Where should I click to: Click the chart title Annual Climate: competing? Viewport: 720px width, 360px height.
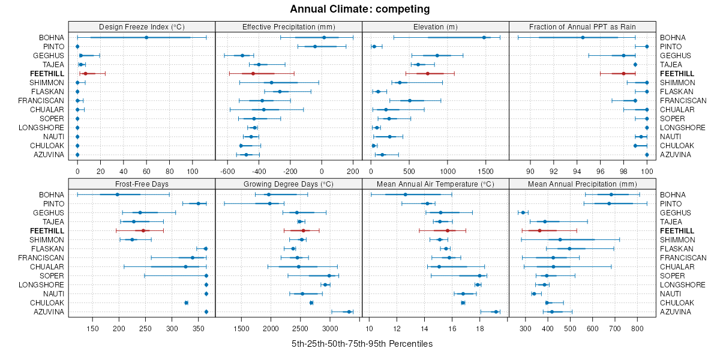[359, 9]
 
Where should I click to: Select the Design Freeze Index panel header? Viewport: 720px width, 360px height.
[142, 26]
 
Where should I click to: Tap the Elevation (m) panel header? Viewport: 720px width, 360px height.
[436, 26]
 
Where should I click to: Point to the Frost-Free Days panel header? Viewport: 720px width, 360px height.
[142, 184]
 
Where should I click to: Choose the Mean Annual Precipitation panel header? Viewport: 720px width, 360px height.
[583, 184]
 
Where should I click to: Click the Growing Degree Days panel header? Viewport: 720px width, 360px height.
[289, 184]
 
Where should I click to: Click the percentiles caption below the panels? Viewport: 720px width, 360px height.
[362, 344]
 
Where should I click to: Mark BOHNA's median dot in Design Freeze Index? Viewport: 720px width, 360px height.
[146, 37]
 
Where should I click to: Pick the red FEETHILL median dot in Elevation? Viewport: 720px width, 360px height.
[428, 73]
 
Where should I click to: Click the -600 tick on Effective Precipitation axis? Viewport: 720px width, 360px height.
[228, 170]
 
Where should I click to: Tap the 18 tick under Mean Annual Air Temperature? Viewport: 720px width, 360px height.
[480, 328]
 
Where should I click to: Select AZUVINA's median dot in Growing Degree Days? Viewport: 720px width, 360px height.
[349, 311]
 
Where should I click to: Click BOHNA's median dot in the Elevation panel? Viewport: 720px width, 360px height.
[484, 37]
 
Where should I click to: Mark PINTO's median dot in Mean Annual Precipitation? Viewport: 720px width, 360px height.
[608, 203]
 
